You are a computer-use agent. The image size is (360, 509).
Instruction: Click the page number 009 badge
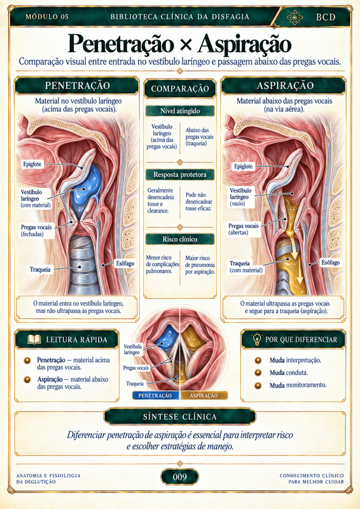pos(179,477)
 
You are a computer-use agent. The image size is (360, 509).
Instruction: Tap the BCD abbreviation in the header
pos(326,17)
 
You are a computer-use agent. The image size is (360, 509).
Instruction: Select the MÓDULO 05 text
pos(47,17)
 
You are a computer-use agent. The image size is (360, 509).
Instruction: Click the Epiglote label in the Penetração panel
pos(32,164)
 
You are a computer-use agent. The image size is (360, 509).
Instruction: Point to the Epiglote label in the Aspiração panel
pos(244,167)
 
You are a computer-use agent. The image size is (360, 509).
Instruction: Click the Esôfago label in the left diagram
pos(125,263)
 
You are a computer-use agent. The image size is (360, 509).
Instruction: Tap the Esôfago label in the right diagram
pos(331,262)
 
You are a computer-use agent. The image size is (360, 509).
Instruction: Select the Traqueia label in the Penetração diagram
pos(40,269)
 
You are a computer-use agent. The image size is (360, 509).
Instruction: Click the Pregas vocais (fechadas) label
pos(36,230)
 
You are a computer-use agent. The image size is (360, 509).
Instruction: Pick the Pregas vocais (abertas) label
pos(244,229)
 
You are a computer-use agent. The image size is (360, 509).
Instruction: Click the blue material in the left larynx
pos(87,188)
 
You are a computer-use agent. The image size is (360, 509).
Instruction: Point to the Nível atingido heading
pos(180,111)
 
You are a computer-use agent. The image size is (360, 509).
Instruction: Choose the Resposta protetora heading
pos(180,174)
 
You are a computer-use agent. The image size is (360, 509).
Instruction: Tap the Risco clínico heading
pos(180,239)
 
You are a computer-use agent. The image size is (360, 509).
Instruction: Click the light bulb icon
pos(257,339)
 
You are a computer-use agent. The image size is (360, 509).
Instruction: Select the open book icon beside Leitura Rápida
pos(34,340)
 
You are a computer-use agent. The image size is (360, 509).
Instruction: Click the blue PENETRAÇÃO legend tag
pos(156,395)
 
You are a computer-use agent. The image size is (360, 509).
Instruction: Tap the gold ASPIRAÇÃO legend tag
pos(204,395)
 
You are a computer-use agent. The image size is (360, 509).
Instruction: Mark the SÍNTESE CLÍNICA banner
pos(179,417)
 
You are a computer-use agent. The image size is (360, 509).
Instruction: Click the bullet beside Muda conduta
pos(258,373)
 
